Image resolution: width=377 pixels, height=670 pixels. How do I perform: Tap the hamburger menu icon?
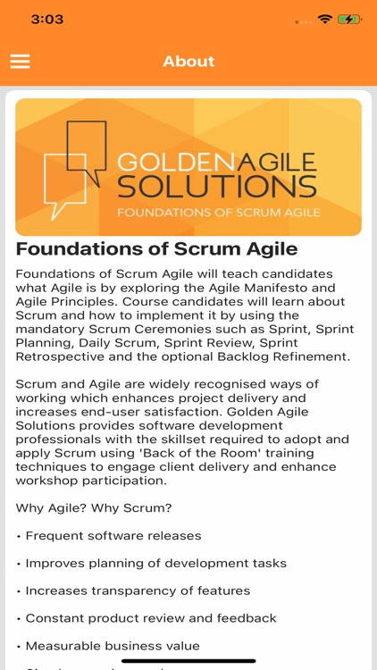pyautogui.click(x=20, y=61)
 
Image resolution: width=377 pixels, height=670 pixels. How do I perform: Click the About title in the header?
pyautogui.click(x=188, y=61)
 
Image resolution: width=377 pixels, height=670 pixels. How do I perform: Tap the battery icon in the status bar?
pyautogui.click(x=349, y=18)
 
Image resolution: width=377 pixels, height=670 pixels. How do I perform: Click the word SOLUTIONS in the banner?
pyautogui.click(x=217, y=187)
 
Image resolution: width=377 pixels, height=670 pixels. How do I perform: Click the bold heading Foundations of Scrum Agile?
pyautogui.click(x=157, y=248)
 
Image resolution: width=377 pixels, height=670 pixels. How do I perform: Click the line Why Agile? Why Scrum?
pyautogui.click(x=93, y=507)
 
